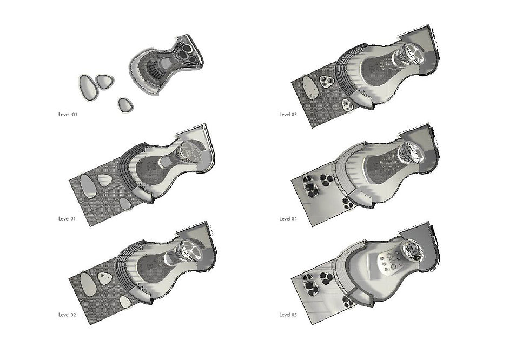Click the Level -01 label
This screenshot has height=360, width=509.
[68, 115]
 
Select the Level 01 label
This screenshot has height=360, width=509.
[67, 218]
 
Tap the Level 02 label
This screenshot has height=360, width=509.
[67, 315]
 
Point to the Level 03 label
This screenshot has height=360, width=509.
[288, 115]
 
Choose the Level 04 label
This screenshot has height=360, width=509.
[288, 218]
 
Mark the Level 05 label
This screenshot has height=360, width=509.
[288, 315]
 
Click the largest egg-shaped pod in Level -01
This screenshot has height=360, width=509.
[88, 87]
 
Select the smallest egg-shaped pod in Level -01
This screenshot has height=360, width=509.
[125, 105]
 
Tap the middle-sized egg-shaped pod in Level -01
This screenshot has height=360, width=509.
[105, 82]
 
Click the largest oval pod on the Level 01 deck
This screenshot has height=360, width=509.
[88, 186]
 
